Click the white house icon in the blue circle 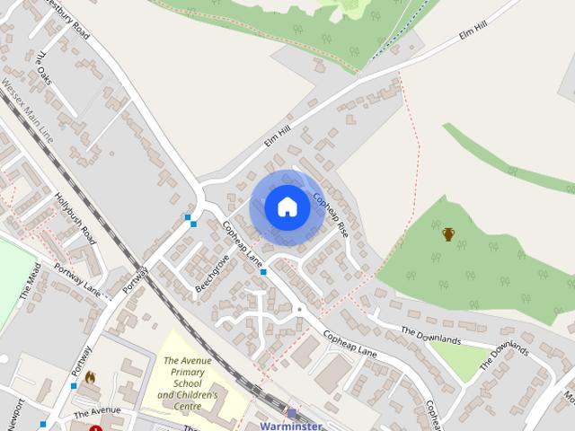(287, 207)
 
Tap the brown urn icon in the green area (448, 234)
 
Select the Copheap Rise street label (330, 214)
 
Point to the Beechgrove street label (212, 273)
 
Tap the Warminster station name (289, 426)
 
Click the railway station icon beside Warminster (292, 413)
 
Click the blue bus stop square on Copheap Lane (263, 271)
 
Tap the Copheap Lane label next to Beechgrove (242, 248)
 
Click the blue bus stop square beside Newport (42, 424)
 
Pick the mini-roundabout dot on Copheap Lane (299, 310)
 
